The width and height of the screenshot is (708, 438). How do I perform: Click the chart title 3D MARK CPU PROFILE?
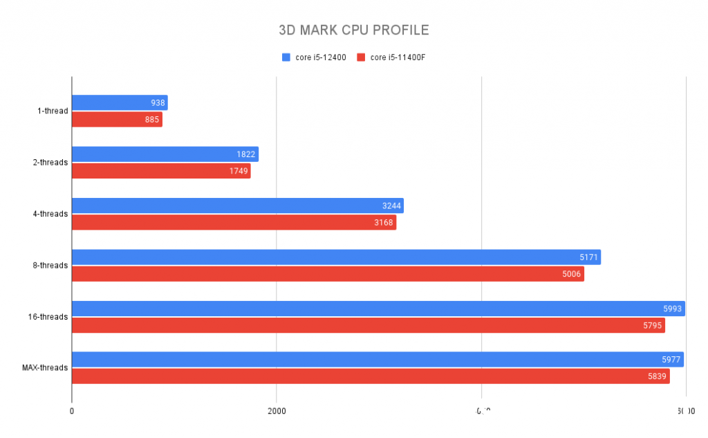coord(353,30)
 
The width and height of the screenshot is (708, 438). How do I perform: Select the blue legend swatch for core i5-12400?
coord(286,57)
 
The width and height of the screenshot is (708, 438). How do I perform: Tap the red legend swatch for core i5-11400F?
coord(360,57)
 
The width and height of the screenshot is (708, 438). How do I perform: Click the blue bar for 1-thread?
coord(120,103)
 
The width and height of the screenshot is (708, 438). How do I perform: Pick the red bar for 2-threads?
coord(161,171)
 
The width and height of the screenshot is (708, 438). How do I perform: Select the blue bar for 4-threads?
coord(237,206)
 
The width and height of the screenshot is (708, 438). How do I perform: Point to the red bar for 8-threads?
coord(328,274)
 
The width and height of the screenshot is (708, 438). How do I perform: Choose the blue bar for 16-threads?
coord(378,309)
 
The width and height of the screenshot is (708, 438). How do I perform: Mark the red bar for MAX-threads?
coord(371,376)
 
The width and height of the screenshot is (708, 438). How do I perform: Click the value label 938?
coord(158,103)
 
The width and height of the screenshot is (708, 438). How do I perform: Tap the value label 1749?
coord(239,171)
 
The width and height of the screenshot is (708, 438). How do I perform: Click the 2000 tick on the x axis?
coord(277,410)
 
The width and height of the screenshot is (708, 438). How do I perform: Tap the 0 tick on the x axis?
coord(72,410)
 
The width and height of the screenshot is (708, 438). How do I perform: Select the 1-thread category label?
coord(53,111)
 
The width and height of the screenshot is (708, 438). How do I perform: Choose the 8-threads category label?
coord(50,266)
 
